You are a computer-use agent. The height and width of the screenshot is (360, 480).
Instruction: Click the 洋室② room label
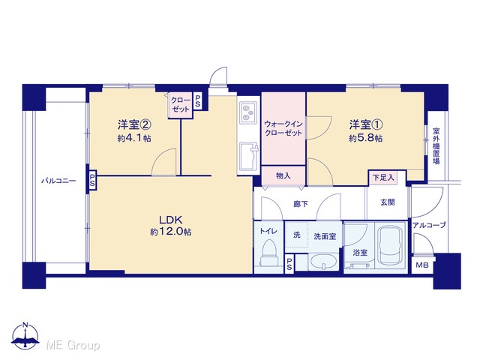pyautogui.click(x=134, y=124)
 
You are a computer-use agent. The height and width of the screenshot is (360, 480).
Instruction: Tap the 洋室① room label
pyautogui.click(x=366, y=124)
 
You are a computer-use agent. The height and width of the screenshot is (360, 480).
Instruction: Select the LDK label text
pyautogui.click(x=170, y=220)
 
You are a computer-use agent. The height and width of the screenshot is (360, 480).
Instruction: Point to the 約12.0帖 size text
pyautogui.click(x=171, y=232)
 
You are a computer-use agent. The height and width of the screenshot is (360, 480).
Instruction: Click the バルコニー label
pyautogui.click(x=58, y=181)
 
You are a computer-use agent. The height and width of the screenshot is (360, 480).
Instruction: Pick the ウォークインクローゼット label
pyautogui.click(x=283, y=128)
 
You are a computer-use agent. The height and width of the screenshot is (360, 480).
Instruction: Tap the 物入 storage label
pyautogui.click(x=283, y=175)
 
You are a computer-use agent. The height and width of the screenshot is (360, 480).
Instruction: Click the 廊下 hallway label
pyautogui.click(x=300, y=204)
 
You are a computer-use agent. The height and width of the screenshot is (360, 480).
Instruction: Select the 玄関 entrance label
pyautogui.click(x=388, y=202)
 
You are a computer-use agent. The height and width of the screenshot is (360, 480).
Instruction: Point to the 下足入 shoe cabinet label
pyautogui.click(x=383, y=178)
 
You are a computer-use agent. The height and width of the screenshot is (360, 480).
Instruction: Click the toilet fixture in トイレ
pyautogui.click(x=269, y=253)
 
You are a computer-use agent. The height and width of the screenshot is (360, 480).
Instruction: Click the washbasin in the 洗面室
pyautogui.click(x=323, y=262)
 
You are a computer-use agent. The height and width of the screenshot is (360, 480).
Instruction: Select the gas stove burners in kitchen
pyautogui.click(x=247, y=112)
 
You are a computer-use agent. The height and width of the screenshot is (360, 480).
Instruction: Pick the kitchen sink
pyautogui.click(x=249, y=156)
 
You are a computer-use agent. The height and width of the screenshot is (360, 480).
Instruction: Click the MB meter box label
pyautogui.click(x=421, y=265)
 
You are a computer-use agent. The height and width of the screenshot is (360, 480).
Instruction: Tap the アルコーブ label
pyautogui.click(x=429, y=225)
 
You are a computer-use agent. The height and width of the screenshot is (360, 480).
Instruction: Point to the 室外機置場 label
pyautogui.click(x=436, y=145)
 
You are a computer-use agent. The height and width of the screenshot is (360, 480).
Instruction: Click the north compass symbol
pyautogui.click(x=25, y=336)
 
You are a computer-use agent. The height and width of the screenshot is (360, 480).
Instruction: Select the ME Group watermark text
pyautogui.click(x=73, y=345)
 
